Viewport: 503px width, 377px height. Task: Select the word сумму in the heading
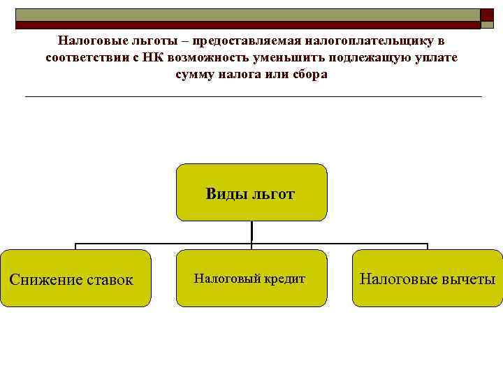pos(197,74)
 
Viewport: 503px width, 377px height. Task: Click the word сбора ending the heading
pos(311,74)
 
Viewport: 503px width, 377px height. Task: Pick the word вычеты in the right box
pos(467,279)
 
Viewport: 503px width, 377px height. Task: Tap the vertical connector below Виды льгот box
pos(251,231)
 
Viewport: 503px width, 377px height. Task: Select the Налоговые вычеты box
pos(427,278)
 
